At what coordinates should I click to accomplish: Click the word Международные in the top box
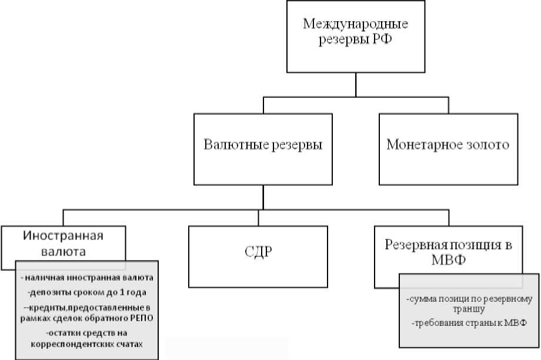click(x=355, y=24)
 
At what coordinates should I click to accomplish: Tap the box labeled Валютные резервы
click(x=263, y=145)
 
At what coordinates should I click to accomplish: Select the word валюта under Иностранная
click(x=64, y=251)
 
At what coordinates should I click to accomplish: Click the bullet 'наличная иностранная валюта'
click(x=87, y=277)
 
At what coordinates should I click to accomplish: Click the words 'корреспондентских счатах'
click(x=87, y=344)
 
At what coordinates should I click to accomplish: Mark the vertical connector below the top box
click(x=355, y=84)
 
